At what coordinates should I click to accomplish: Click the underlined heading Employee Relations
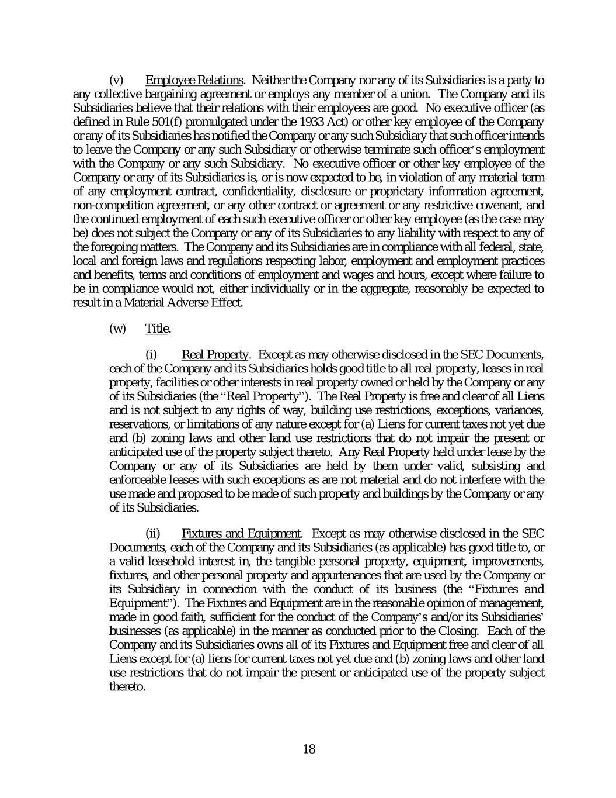tap(194, 80)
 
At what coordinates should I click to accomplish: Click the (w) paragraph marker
tap(117, 329)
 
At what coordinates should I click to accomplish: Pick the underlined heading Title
tap(157, 329)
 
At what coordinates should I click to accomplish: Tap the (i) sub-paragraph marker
tap(151, 355)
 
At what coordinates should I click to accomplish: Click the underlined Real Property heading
tap(215, 355)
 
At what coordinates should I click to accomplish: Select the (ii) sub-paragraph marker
tap(152, 534)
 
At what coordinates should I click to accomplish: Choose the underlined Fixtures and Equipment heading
tap(241, 534)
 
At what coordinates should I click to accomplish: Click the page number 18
tap(309, 749)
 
